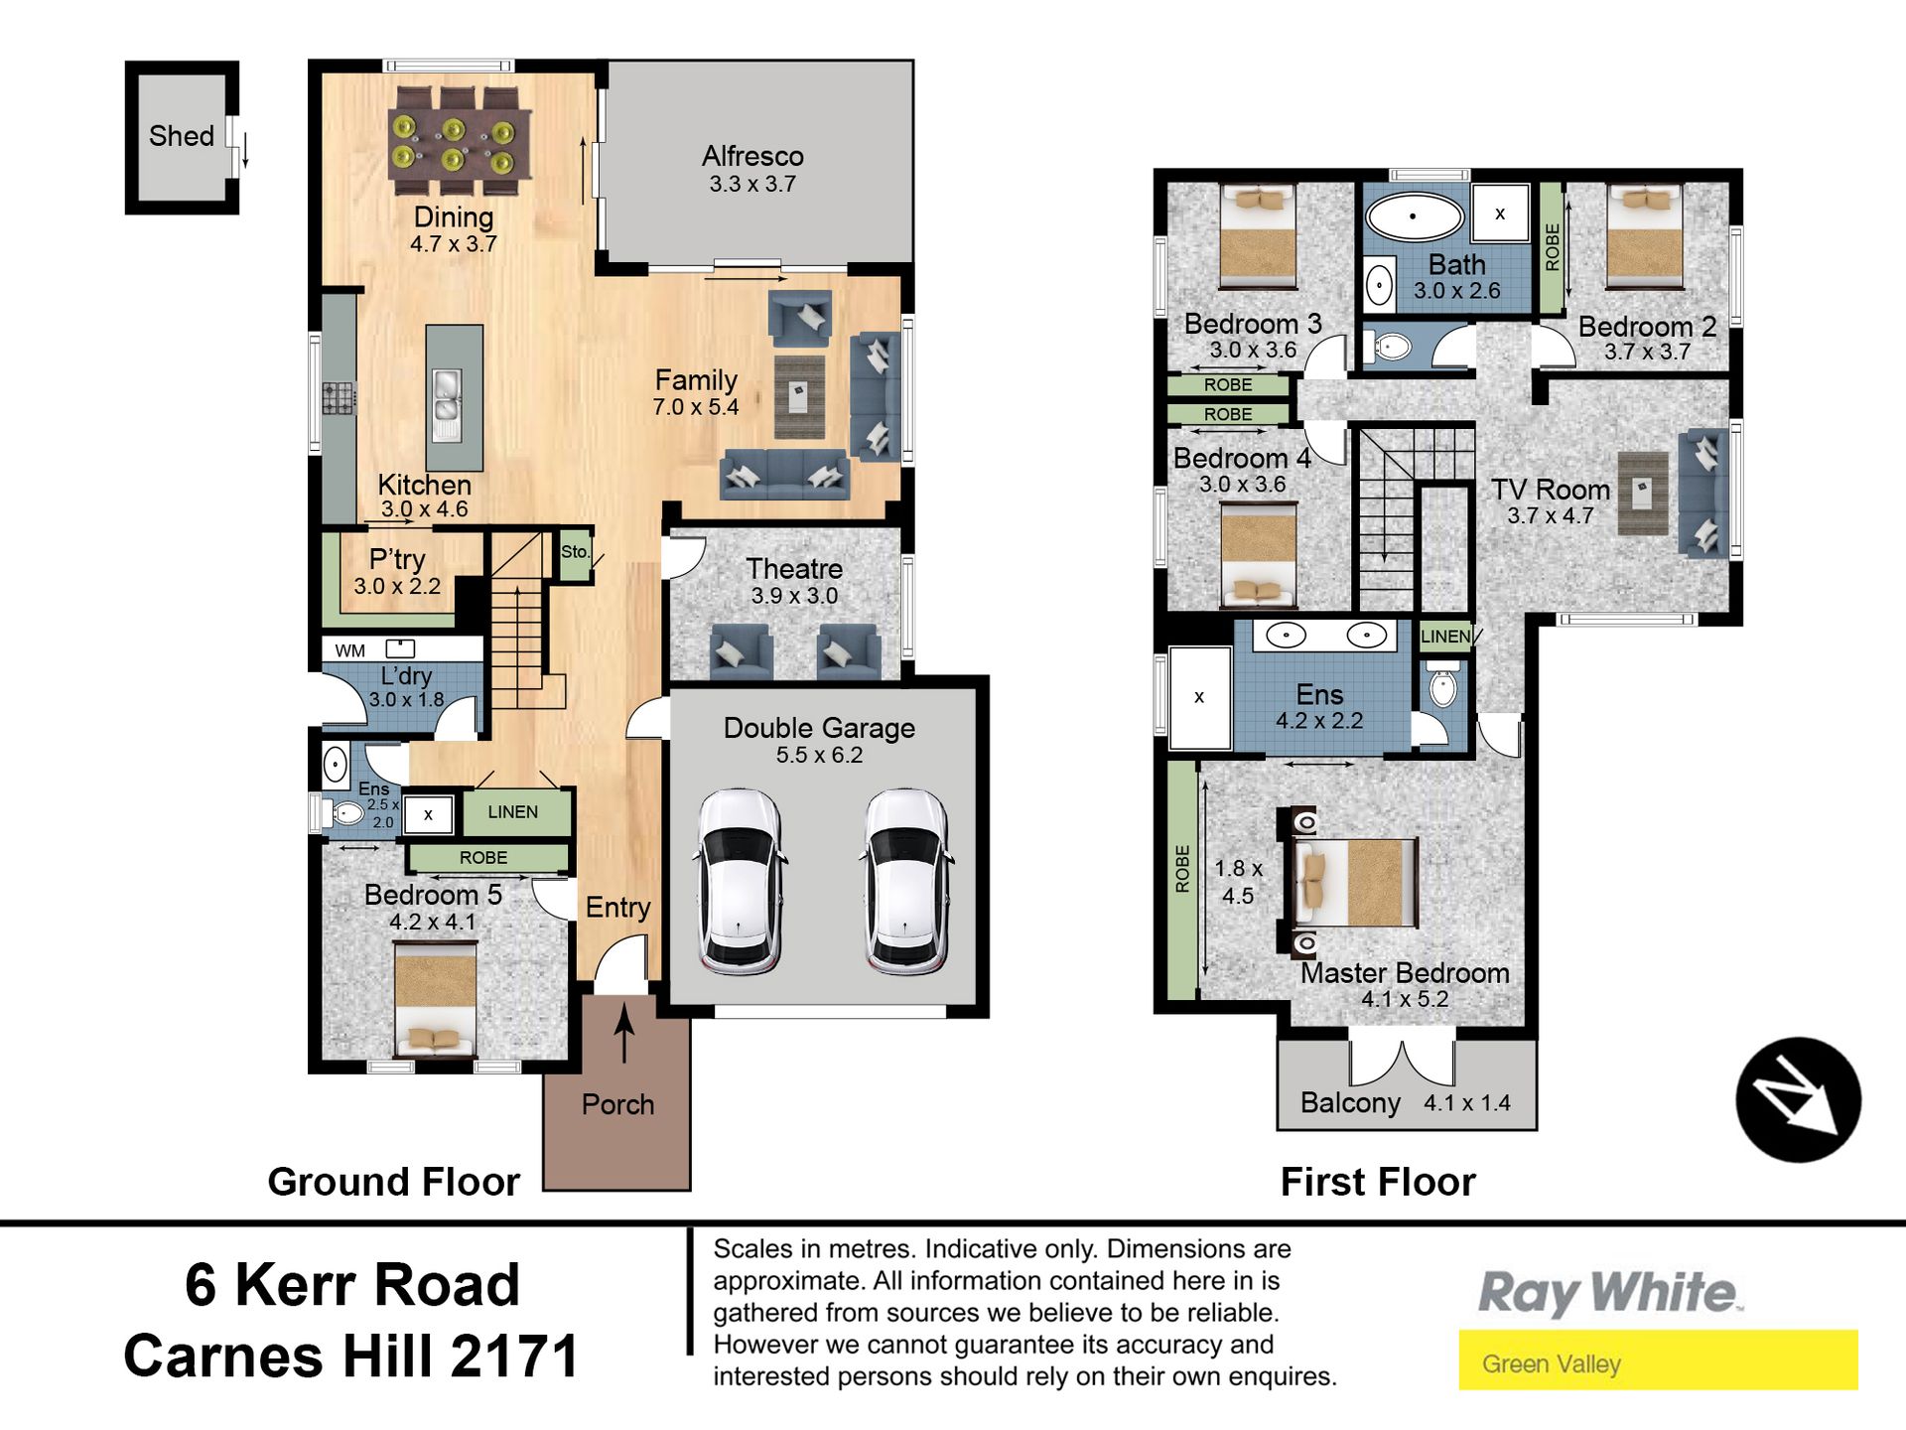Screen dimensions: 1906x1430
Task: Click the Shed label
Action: tap(182, 136)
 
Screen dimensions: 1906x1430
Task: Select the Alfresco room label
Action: tap(752, 156)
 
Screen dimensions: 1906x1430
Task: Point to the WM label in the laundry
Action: tap(350, 650)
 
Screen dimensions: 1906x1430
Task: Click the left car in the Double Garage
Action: tap(740, 881)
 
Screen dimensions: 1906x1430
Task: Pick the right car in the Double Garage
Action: tap(906, 881)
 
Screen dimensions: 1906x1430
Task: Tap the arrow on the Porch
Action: tap(624, 1034)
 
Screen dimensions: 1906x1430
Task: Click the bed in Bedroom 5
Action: tap(435, 998)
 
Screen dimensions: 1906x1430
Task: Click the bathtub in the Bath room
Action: tap(1415, 216)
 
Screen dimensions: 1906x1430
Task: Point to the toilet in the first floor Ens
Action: tap(1443, 684)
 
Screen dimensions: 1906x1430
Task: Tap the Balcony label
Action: tap(1350, 1103)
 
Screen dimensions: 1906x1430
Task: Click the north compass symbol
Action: tap(1798, 1099)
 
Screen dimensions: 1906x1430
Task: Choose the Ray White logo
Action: tap(1609, 1293)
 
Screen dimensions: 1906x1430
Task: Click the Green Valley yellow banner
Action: tap(1658, 1359)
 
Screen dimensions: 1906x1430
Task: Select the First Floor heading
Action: tap(1378, 1182)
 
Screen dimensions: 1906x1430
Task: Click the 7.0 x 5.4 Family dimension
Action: tap(695, 407)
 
